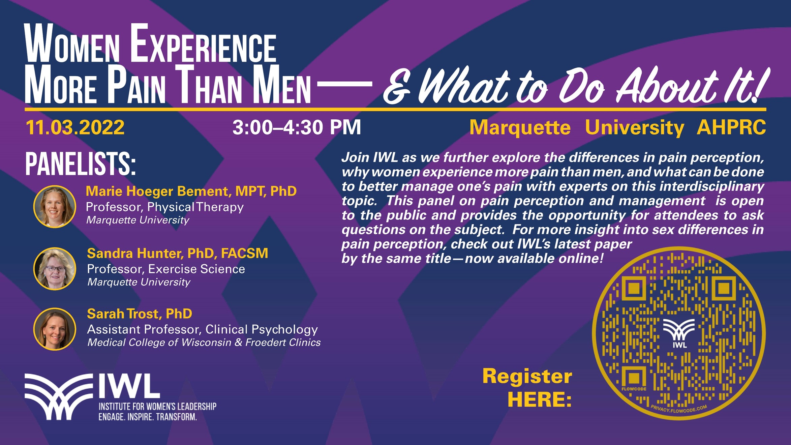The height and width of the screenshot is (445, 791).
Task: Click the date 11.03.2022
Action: tap(75, 127)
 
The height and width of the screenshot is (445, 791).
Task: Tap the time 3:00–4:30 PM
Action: tap(297, 127)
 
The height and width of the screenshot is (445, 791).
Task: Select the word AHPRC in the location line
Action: tap(731, 127)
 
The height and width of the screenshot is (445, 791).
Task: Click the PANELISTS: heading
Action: tap(81, 164)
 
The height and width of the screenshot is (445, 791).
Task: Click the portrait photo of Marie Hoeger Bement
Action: tap(55, 207)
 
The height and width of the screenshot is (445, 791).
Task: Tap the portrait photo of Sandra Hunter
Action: tap(55, 269)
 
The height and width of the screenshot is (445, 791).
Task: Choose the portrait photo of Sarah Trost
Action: tap(55, 329)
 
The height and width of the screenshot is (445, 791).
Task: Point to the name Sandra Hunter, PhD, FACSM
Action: tap(178, 254)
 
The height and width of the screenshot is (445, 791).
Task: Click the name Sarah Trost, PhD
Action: tap(140, 314)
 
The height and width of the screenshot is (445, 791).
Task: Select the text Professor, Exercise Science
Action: tap(166, 269)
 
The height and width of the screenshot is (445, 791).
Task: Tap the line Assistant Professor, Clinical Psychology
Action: tap(202, 329)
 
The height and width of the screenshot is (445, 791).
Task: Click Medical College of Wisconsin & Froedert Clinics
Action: tap(204, 343)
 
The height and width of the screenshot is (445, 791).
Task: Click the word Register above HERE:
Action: tap(527, 376)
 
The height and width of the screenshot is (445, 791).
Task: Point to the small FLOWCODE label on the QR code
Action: tap(634, 389)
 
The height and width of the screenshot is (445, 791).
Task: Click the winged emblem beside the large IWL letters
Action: tap(59, 397)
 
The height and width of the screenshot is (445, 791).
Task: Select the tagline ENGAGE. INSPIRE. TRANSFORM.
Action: tap(148, 417)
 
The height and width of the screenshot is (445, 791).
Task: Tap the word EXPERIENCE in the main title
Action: tap(203, 44)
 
